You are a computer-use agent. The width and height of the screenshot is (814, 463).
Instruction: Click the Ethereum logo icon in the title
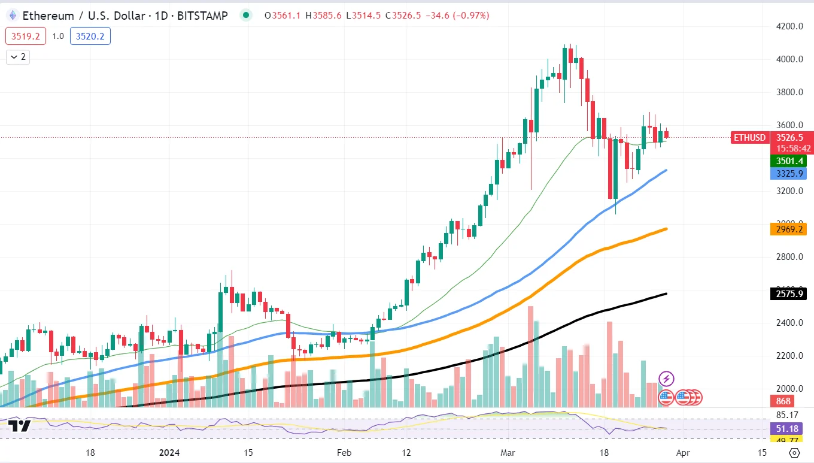[x=12, y=16]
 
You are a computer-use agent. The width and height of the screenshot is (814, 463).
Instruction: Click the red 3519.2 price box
[x=25, y=37]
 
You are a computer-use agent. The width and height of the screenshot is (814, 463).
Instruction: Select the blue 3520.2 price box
[x=90, y=37]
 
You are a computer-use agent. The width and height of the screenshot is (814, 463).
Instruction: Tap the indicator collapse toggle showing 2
[x=17, y=57]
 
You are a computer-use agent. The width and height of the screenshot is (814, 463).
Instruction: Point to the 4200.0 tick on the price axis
[x=785, y=26]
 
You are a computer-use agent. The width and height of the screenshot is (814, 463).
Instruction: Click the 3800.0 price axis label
[x=785, y=92]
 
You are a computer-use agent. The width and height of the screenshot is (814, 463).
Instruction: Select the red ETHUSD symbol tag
[x=750, y=138]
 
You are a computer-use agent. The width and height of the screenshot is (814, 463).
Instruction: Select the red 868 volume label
[x=783, y=401]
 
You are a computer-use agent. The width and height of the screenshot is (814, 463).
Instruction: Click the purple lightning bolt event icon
[x=666, y=379]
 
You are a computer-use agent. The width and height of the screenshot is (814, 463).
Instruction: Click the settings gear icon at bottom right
[x=795, y=453]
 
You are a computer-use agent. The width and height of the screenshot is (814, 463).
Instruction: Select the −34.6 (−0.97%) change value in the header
[x=457, y=16]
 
